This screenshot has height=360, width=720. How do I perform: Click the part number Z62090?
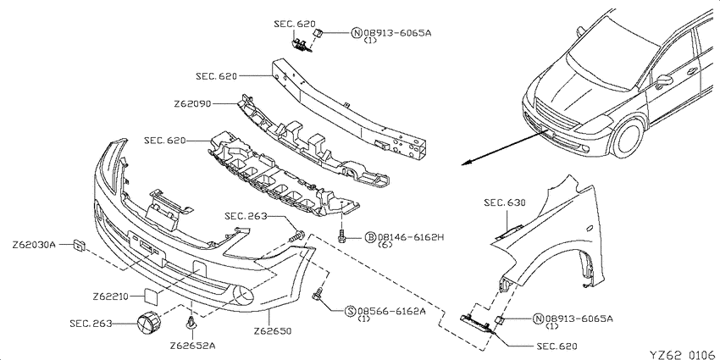click(x=192, y=104)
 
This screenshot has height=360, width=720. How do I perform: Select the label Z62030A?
click(x=34, y=245)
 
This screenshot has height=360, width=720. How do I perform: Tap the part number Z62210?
click(x=110, y=296)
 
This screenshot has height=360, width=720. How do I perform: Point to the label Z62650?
click(x=273, y=330)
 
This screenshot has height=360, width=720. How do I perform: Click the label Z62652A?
click(x=192, y=346)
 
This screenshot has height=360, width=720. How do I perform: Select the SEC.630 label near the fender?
click(x=504, y=202)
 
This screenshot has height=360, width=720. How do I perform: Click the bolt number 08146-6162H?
click(x=411, y=237)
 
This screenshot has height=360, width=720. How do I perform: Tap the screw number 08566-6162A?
click(x=391, y=312)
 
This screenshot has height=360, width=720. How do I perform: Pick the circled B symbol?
click(x=370, y=237)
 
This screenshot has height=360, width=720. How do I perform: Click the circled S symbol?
click(x=350, y=312)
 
